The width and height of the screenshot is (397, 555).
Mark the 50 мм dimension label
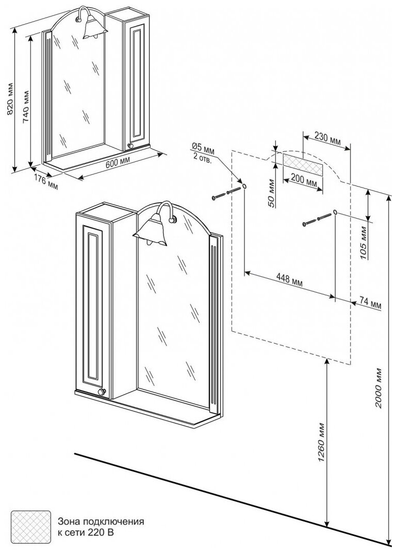click(x=272, y=193)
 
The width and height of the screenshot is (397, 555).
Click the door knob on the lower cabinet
click(x=102, y=393)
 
